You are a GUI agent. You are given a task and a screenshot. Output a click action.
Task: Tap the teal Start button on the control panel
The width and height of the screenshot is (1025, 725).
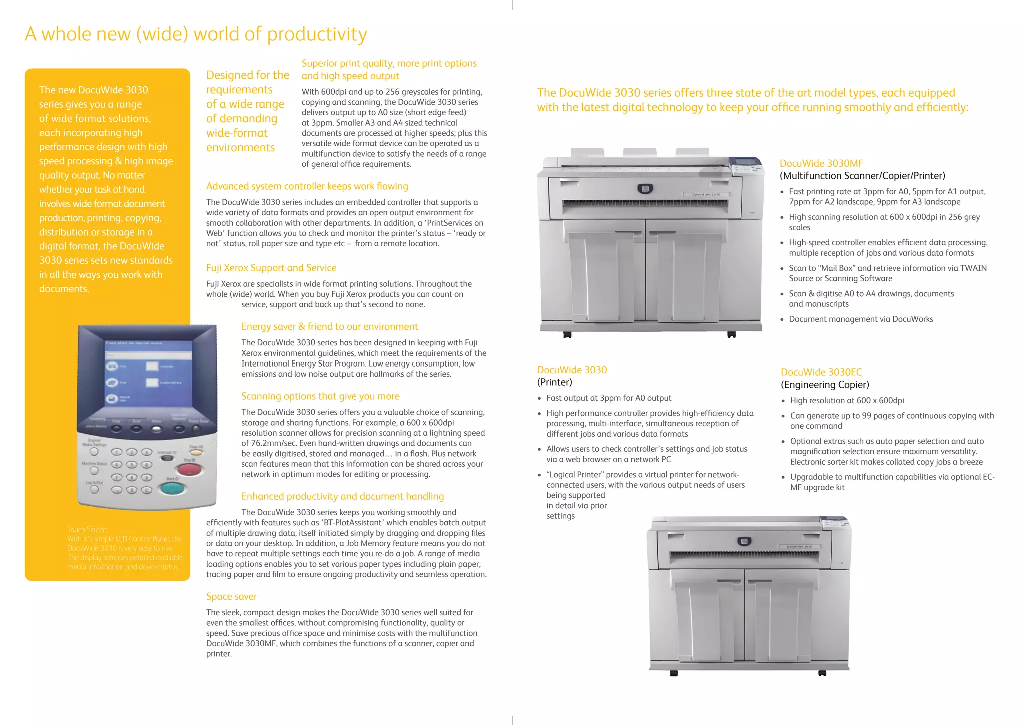click(x=172, y=487)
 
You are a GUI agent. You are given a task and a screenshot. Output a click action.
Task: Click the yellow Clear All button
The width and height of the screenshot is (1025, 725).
click(x=196, y=452)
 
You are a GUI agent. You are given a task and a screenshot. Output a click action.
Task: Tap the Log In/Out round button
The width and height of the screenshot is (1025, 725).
click(x=94, y=490)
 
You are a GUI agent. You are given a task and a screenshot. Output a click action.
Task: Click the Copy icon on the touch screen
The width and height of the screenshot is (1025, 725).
click(x=112, y=367)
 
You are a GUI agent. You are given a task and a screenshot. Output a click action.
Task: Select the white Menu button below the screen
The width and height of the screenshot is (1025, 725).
click(x=157, y=429)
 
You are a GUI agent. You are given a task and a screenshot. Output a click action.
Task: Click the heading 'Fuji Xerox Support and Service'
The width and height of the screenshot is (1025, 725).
click(x=271, y=268)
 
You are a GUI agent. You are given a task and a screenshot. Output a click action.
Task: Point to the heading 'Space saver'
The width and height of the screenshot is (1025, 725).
click(x=231, y=596)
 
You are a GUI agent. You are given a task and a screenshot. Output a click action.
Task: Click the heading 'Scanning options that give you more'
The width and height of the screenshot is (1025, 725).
click(x=320, y=396)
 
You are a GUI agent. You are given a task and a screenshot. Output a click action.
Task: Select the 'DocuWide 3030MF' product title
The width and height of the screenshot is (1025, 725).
click(x=821, y=163)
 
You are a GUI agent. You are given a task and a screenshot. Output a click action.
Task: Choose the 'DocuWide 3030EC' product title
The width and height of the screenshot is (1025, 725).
click(x=821, y=372)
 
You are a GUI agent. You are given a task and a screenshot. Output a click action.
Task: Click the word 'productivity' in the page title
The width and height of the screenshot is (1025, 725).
click(x=317, y=34)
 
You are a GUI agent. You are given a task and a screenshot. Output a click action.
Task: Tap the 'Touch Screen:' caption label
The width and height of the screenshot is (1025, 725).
click(x=88, y=529)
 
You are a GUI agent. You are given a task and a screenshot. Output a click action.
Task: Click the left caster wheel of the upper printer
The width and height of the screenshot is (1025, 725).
click(x=567, y=335)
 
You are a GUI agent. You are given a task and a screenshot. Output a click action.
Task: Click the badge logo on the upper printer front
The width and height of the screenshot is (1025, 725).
click(x=645, y=189)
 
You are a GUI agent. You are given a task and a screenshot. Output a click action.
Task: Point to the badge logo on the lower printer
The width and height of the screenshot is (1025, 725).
click(x=744, y=541)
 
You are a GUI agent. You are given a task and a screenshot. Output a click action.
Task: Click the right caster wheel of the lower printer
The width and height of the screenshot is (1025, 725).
click(x=822, y=673)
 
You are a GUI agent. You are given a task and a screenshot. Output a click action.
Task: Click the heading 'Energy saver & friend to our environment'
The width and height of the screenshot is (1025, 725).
click(x=329, y=327)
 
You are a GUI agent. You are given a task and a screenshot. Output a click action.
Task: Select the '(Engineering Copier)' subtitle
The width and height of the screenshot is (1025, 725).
click(x=825, y=385)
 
